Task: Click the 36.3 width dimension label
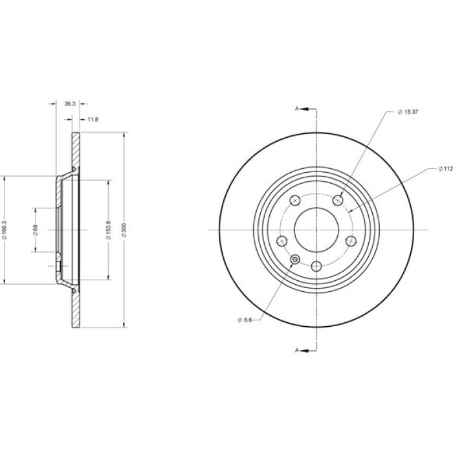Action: point(70,104)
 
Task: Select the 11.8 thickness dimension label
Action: point(93,119)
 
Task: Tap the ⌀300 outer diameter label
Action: point(124,230)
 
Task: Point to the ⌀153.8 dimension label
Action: point(109,230)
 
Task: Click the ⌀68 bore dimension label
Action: point(36,230)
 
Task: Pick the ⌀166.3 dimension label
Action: point(4,230)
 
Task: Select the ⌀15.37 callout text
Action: point(408,112)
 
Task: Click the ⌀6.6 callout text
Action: point(245,320)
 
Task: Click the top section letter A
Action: point(296,109)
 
